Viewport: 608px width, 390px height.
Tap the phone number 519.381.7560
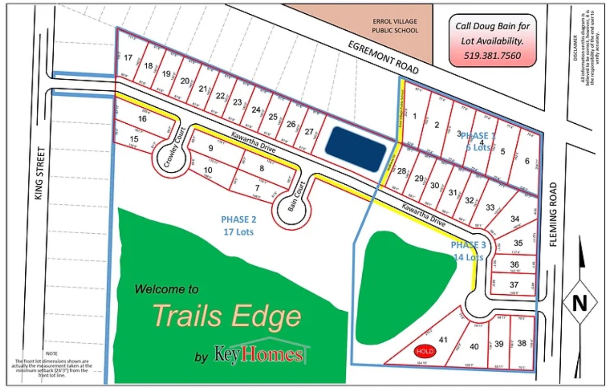coord(492,55)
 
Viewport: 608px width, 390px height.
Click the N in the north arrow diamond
coord(580,303)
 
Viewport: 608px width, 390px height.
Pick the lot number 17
coord(128,58)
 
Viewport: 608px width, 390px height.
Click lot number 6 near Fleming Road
coord(527,161)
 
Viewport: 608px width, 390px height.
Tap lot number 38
coord(521,343)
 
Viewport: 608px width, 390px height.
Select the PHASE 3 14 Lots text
coord(468,251)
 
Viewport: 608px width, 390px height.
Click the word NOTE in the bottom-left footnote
coord(51,354)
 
